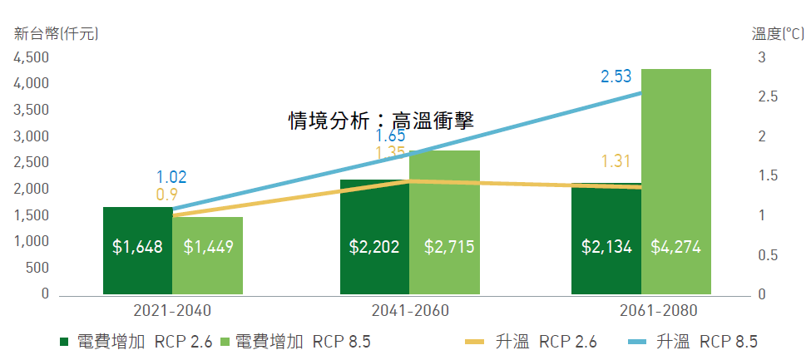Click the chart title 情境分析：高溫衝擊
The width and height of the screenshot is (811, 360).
pos(381,121)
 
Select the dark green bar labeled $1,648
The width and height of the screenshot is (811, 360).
pos(137,251)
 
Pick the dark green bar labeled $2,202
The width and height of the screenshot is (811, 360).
pos(374,237)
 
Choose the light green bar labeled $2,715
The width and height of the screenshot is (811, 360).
pos(445,223)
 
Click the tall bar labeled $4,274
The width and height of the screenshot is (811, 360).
pos(676,181)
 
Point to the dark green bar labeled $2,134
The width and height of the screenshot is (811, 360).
pos(606,239)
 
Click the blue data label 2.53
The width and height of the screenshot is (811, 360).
pos(616,76)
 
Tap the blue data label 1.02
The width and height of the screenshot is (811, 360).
pos(171,177)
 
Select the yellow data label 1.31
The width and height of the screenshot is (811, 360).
pos(616,161)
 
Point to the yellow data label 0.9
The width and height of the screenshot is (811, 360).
pos(167,195)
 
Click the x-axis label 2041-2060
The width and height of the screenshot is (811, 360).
pos(410,311)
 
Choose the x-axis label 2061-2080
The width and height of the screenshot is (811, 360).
pos(659,311)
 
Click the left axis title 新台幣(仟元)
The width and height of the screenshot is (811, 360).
pos(56,34)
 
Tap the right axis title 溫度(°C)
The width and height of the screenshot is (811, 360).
pos(778,34)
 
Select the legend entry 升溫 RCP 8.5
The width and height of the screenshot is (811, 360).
pos(692,342)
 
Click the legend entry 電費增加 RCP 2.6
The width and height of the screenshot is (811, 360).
pos(136,342)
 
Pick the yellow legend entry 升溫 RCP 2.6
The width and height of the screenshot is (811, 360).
pos(532,342)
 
